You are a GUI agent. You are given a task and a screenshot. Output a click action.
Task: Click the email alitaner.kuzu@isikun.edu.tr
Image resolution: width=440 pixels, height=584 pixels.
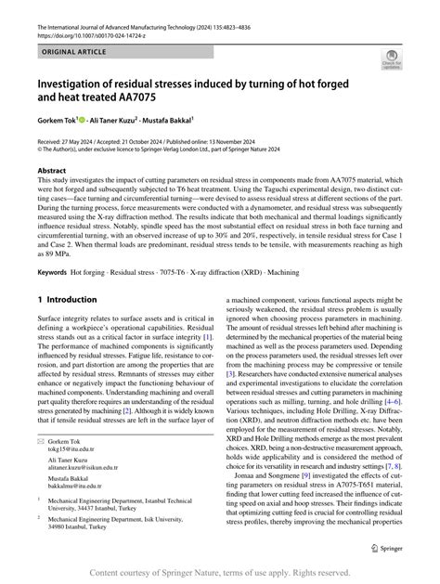[84, 472]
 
